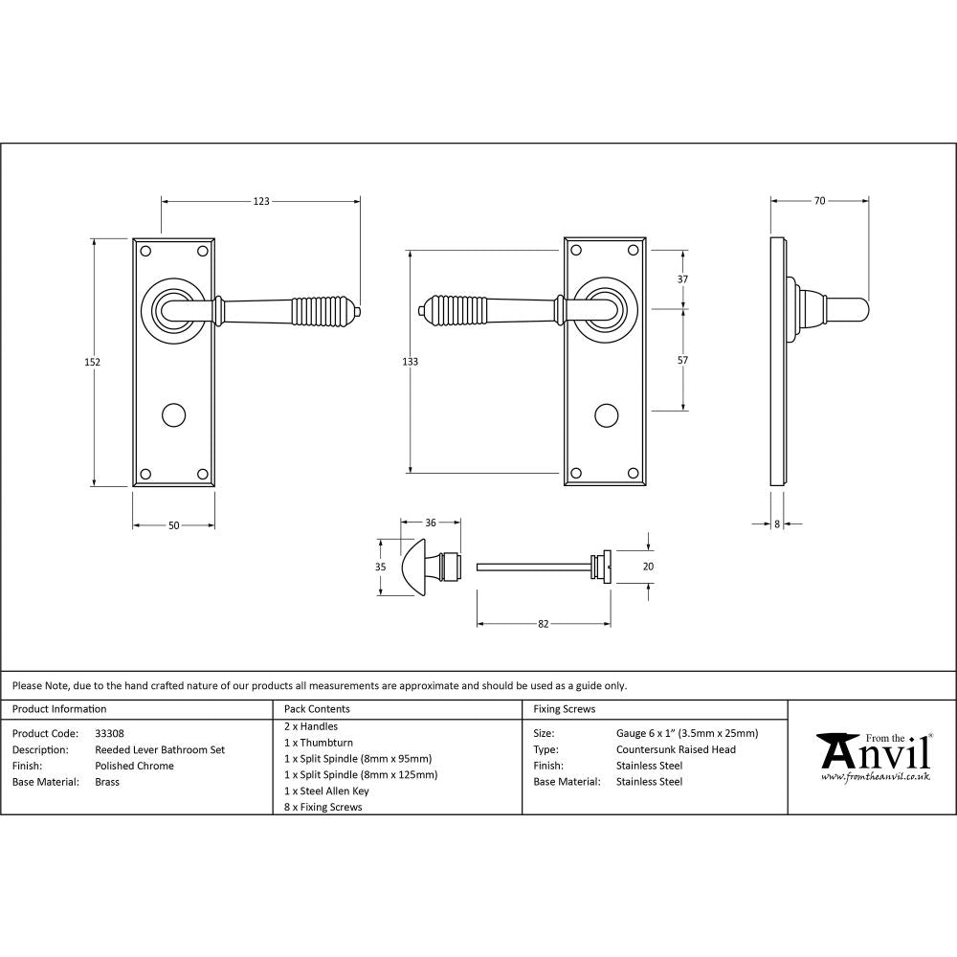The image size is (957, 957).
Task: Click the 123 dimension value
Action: click(x=261, y=202)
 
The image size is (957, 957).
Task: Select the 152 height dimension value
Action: click(x=93, y=362)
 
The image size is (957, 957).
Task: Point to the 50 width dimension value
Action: click(x=173, y=525)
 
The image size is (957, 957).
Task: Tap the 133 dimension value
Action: click(x=411, y=362)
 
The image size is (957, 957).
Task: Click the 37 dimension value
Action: click(x=682, y=279)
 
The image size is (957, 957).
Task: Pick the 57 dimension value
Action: click(x=682, y=361)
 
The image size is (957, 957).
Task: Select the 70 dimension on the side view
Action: click(x=819, y=202)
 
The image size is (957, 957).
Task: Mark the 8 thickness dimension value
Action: click(x=776, y=523)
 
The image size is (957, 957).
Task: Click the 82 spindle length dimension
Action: click(x=544, y=624)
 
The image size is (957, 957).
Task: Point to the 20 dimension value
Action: click(x=648, y=567)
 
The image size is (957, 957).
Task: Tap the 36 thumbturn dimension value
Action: click(x=430, y=523)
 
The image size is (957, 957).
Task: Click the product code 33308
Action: click(x=110, y=733)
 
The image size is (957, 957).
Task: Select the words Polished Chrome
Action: click(x=134, y=766)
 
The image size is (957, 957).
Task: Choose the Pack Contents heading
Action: click(x=317, y=709)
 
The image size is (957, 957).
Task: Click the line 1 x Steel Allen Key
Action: click(x=326, y=791)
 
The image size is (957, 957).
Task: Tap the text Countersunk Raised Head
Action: click(x=676, y=749)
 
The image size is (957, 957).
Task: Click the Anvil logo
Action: click(x=873, y=756)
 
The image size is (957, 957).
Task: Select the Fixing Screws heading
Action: click(x=564, y=709)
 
